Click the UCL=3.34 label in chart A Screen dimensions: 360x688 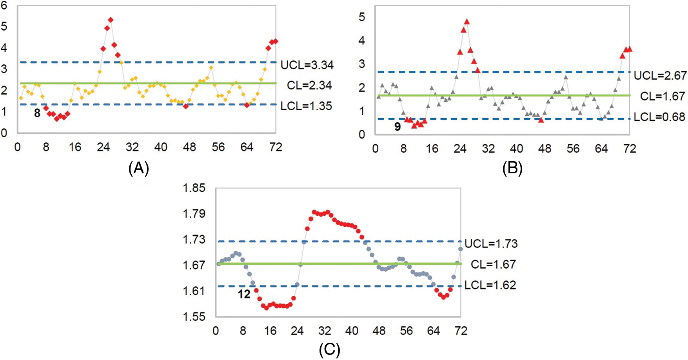[x=307, y=65]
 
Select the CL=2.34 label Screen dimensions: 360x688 [x=309, y=85]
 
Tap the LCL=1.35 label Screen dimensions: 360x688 [x=306, y=106]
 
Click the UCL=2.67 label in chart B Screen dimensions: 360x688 [x=660, y=75]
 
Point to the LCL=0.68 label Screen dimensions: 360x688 [x=659, y=117]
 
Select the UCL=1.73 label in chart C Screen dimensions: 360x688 [x=491, y=244]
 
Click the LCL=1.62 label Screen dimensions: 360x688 [x=490, y=285]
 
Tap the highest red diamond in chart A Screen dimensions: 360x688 [x=111, y=20]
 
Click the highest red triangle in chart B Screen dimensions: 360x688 [x=467, y=22]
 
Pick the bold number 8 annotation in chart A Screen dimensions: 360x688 [x=37, y=113]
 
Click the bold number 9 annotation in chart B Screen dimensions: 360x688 [x=397, y=127]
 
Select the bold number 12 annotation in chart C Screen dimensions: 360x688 [x=244, y=294]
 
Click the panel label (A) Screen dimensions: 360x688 [x=138, y=169]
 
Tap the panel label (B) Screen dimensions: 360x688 [x=512, y=169]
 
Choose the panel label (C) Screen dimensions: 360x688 [x=329, y=349]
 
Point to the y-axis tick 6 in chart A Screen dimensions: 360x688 [x=4, y=5]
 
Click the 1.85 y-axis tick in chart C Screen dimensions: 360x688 [x=194, y=188]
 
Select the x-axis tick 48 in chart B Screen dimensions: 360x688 [x=545, y=149]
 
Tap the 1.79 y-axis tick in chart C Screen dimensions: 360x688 [x=194, y=214]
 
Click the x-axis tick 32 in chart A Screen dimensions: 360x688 [x=132, y=147]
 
